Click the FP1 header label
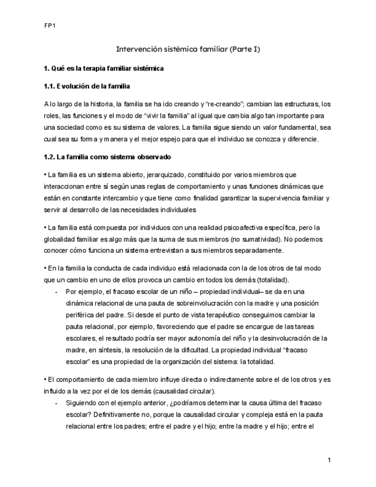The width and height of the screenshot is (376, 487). click(49, 25)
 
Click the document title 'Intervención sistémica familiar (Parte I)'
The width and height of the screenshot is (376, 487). click(188, 50)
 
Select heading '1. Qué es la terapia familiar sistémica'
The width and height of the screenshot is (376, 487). click(104, 69)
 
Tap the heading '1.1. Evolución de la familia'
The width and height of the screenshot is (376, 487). click(87, 87)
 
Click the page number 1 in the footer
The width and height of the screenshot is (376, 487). click(330, 460)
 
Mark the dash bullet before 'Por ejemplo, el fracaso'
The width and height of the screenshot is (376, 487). click(56, 292)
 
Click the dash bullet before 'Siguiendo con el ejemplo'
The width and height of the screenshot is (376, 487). click(56, 403)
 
